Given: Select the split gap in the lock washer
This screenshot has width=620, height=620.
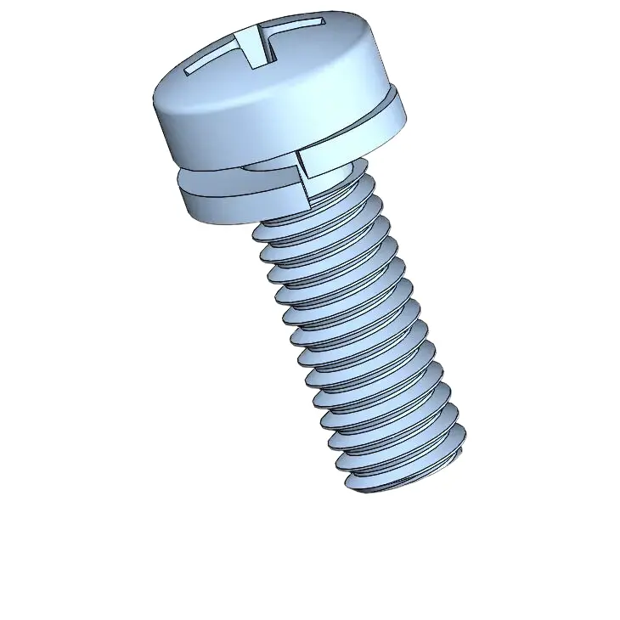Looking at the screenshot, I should [x=302, y=170].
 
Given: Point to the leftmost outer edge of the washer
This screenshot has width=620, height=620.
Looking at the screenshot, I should [x=180, y=191].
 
